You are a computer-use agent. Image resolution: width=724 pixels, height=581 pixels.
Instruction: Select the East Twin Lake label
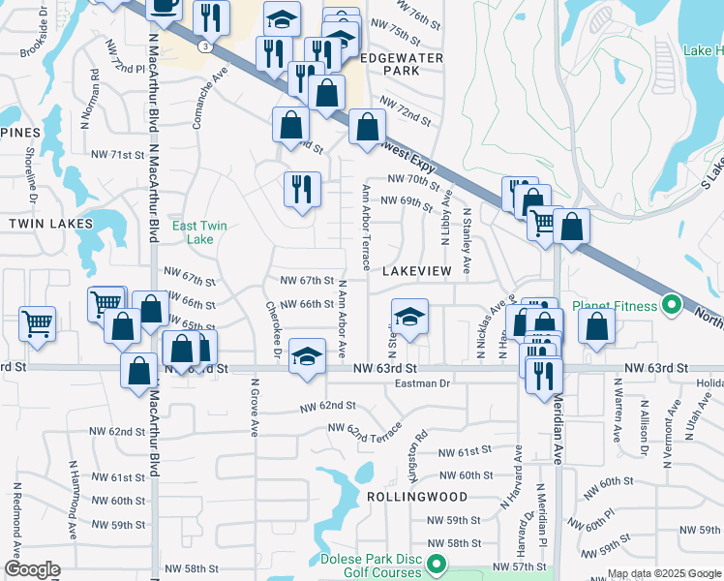tap(199, 232)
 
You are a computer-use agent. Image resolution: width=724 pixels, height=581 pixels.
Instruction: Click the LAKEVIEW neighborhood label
tap(416, 272)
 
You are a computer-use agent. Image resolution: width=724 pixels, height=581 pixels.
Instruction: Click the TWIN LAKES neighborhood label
tap(50, 224)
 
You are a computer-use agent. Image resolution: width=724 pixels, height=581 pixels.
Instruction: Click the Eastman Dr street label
tap(424, 384)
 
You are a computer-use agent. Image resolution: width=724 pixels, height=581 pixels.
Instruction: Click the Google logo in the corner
tap(32, 569)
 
